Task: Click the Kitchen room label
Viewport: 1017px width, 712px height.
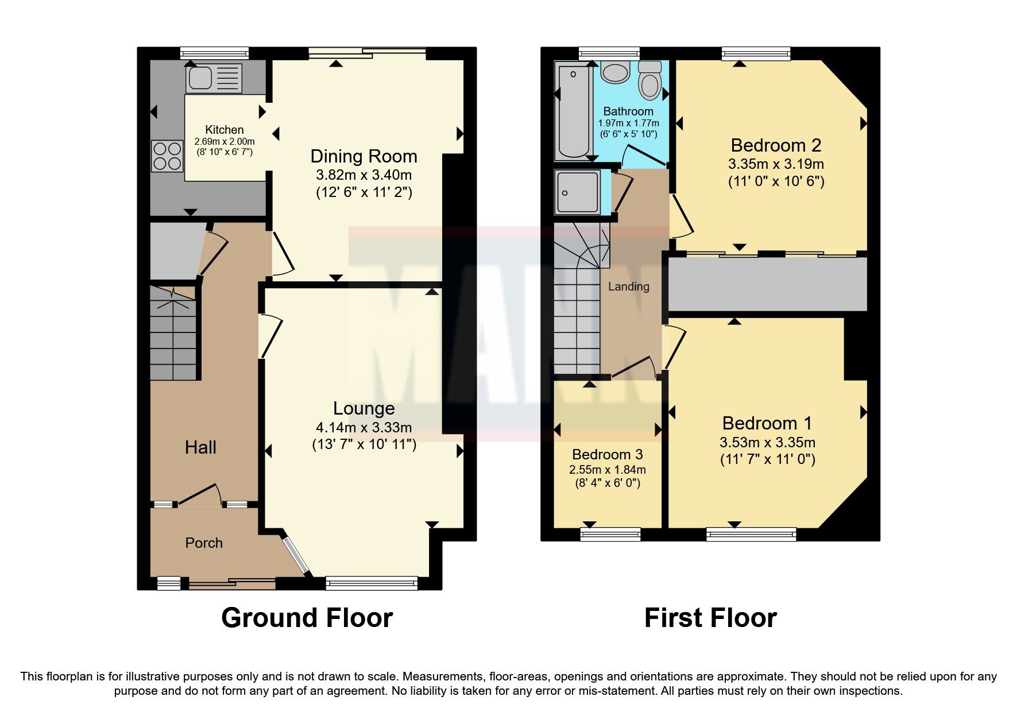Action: click(x=225, y=130)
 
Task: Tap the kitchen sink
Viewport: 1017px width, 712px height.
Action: click(x=213, y=78)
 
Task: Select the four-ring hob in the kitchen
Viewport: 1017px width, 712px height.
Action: click(x=167, y=156)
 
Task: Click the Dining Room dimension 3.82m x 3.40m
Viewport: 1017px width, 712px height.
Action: click(x=364, y=175)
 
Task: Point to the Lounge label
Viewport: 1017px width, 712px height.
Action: click(x=364, y=408)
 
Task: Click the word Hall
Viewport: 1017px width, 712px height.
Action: click(x=200, y=447)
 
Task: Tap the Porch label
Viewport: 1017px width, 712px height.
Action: click(x=204, y=543)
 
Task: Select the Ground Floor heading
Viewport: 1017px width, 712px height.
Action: click(x=307, y=618)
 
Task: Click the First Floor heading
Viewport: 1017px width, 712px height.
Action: click(x=710, y=618)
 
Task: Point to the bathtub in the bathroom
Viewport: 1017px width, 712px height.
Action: click(x=572, y=112)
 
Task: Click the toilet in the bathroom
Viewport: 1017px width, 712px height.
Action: click(x=650, y=81)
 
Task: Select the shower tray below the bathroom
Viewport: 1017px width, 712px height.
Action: click(x=578, y=192)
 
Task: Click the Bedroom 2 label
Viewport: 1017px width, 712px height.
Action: click(x=776, y=145)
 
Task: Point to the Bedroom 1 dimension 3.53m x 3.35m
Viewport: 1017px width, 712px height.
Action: click(x=767, y=443)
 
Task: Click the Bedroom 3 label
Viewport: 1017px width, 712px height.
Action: click(x=607, y=455)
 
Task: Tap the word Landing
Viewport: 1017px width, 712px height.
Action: click(x=629, y=287)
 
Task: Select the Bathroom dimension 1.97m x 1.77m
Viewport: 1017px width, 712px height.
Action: click(x=628, y=123)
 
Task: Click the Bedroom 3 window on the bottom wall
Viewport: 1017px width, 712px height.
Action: click(x=610, y=534)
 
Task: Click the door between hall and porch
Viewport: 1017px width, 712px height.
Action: click(x=199, y=496)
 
